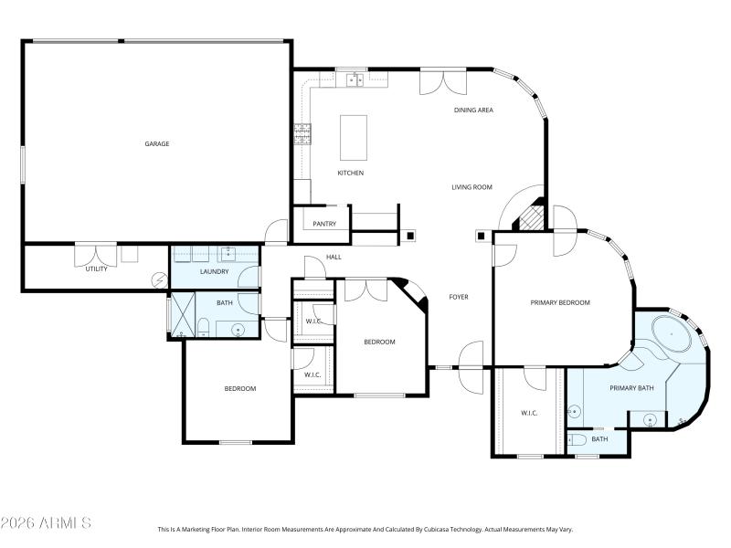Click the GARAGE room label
(x=157, y=143)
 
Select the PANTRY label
(x=324, y=224)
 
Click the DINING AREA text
(x=473, y=111)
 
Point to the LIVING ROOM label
(x=471, y=187)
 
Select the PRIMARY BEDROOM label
(x=560, y=302)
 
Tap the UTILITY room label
(x=96, y=269)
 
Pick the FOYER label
(x=459, y=298)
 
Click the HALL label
(x=334, y=258)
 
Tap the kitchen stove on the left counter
(x=301, y=134)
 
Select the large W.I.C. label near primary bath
(x=528, y=413)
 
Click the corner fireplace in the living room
(x=531, y=217)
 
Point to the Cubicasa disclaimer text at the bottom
(x=365, y=529)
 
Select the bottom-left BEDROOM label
(x=240, y=389)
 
